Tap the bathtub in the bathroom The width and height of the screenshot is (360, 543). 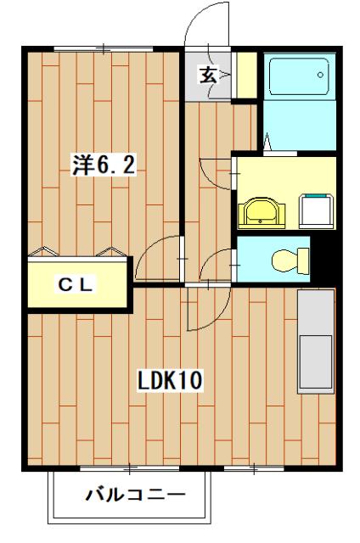coord(298,77)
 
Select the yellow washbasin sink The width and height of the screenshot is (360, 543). coord(260,212)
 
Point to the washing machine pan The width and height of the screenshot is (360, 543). coord(316,209)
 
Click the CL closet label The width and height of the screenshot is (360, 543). coord(76,284)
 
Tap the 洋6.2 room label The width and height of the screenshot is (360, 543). coord(102,165)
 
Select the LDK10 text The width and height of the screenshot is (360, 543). coord(170,380)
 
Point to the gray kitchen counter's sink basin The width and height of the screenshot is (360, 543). coord(316,361)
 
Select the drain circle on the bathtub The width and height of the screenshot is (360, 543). coord(322,74)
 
